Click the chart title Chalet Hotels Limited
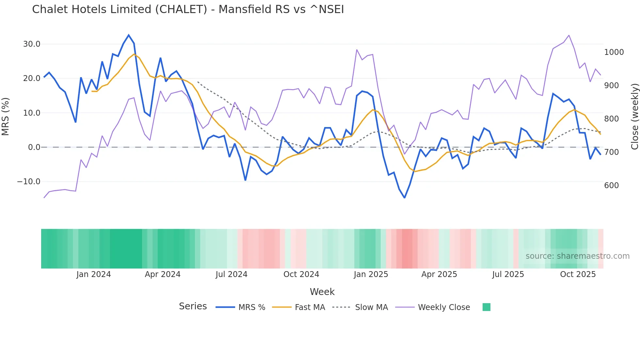coord(188,9)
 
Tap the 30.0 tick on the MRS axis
coord(32,44)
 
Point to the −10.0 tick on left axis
coord(29,182)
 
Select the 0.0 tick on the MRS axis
coord(34,147)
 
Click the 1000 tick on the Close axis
coord(614,52)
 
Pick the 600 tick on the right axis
coord(612,186)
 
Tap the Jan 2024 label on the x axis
coord(94,274)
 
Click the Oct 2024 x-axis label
coord(301,274)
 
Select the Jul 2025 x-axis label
coord(508,274)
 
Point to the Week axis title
coord(322,292)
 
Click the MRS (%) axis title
coord(6,116)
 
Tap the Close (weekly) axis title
coord(634,116)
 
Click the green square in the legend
coord(487,307)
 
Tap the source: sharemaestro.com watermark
coord(577,256)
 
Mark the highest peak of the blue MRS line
coord(129,35)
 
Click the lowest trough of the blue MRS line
coord(405,198)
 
